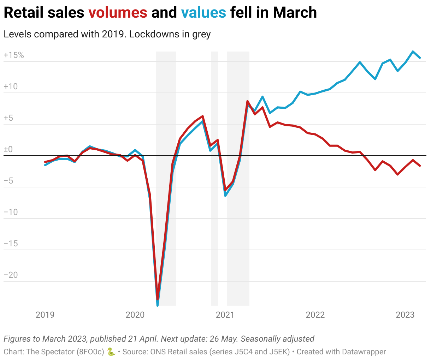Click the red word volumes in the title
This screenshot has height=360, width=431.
(x=118, y=13)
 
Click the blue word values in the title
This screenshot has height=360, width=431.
(x=203, y=13)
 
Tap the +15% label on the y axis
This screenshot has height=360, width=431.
(x=14, y=55)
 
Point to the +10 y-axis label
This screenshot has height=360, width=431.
(x=11, y=86)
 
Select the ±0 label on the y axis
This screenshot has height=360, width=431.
(x=8, y=149)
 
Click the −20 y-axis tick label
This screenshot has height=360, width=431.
(x=11, y=275)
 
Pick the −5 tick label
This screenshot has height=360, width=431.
(x=8, y=181)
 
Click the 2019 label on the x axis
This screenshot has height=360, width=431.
(x=45, y=314)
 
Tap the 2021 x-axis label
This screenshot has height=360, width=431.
(x=225, y=314)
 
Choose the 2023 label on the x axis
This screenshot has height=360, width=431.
(x=405, y=314)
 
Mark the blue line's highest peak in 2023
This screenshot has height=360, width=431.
(x=413, y=52)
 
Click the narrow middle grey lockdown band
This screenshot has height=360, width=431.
(x=215, y=176)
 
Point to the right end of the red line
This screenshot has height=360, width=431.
(x=420, y=166)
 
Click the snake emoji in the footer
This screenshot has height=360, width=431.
(x=111, y=352)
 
